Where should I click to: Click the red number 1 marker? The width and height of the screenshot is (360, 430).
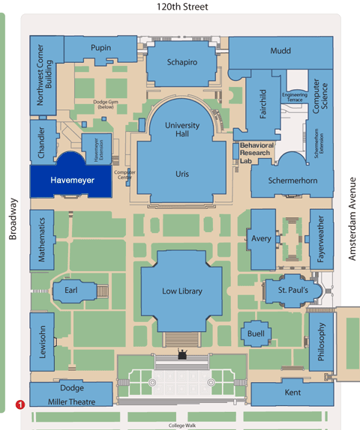pyautogui.click(x=21, y=405)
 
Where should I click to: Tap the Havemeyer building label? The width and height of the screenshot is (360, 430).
pyautogui.click(x=70, y=181)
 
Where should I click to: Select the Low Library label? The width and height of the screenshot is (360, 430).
pyautogui.click(x=182, y=291)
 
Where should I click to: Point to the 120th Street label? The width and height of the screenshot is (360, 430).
pyautogui.click(x=180, y=7)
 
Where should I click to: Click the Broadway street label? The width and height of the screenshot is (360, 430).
pyautogui.click(x=13, y=219)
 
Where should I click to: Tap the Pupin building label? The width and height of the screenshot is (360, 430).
pyautogui.click(x=100, y=48)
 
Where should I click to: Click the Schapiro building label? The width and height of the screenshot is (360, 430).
pyautogui.click(x=182, y=63)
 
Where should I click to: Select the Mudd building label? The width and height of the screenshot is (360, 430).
pyautogui.click(x=281, y=51)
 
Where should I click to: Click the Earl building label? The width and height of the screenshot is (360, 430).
pyautogui.click(x=71, y=290)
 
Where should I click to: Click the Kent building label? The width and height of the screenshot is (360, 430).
pyautogui.click(x=292, y=393)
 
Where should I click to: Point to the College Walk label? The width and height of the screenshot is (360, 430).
pyautogui.click(x=181, y=426)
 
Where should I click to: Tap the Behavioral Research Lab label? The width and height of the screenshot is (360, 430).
pyautogui.click(x=256, y=153)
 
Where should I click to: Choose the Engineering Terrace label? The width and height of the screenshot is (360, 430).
pyautogui.click(x=295, y=98)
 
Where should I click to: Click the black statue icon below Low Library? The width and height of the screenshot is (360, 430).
pyautogui.click(x=181, y=352)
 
